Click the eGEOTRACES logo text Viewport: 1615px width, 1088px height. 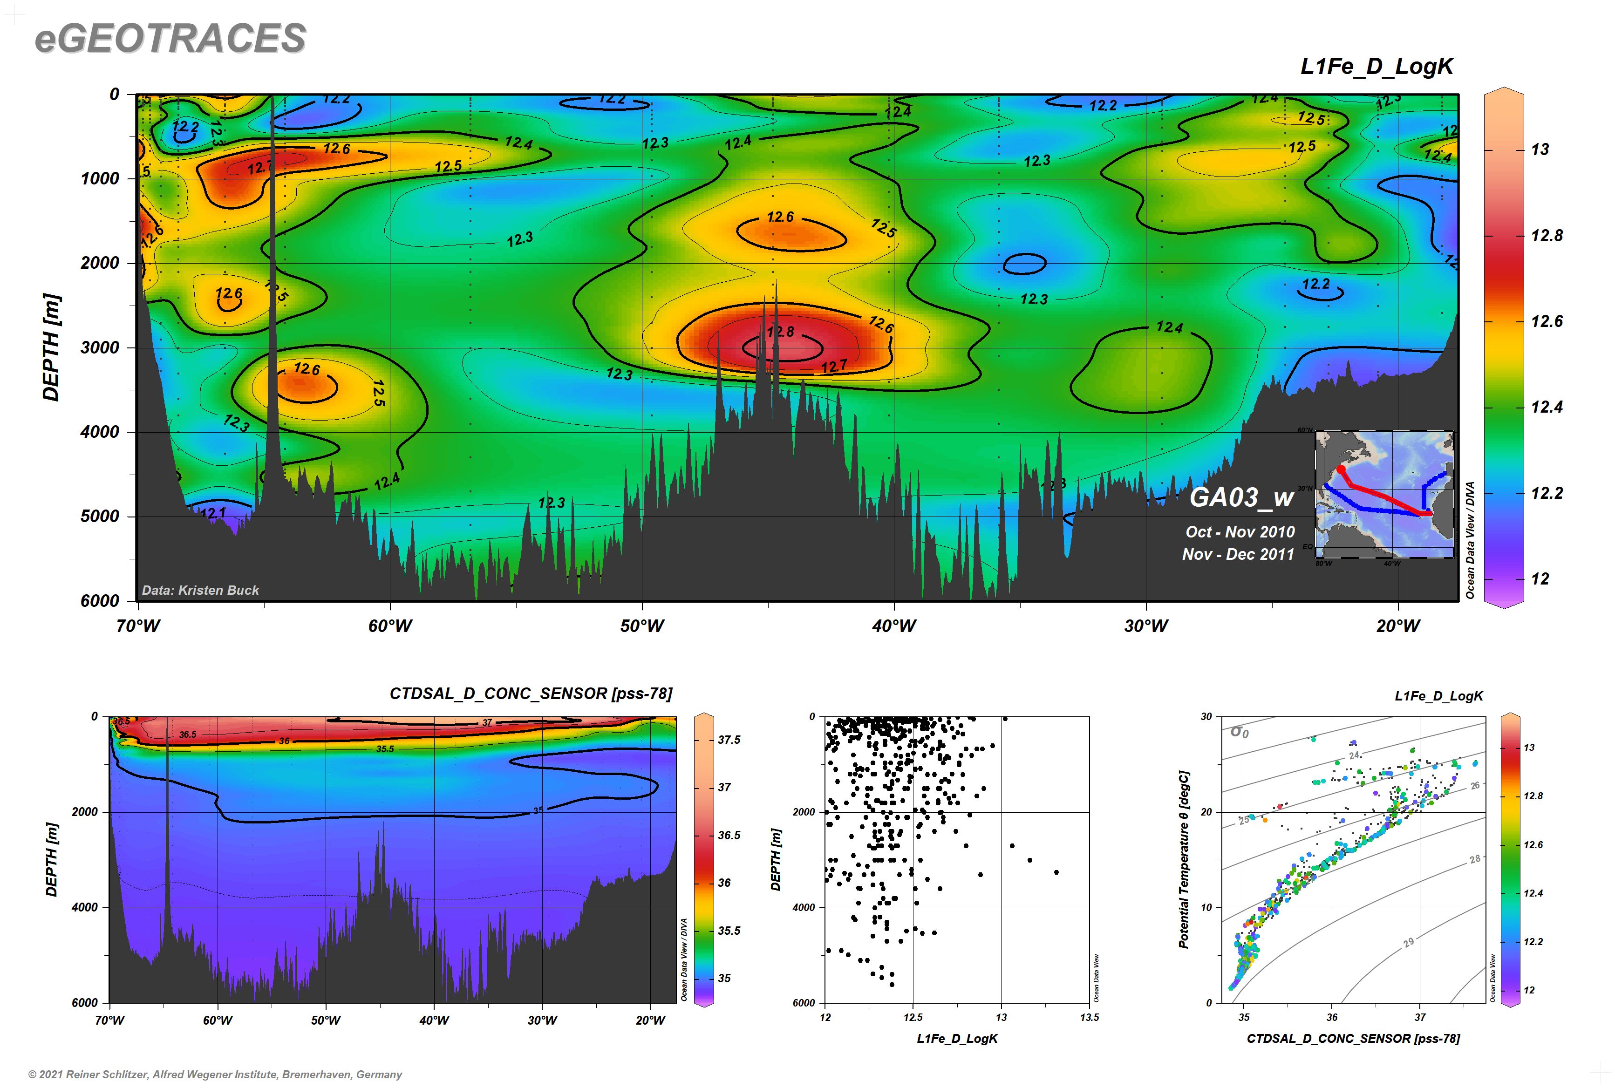coord(170,38)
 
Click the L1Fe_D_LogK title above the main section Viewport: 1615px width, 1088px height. coord(1376,67)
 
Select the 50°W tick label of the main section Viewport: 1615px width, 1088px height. coord(641,626)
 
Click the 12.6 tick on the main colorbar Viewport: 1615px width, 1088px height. coord(1547,321)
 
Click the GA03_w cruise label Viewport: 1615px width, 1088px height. coord(1241,497)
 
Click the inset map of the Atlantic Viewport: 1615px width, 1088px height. coord(1384,494)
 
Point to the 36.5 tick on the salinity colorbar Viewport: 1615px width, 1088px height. coord(729,836)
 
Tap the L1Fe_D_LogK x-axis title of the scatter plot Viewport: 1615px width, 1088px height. coord(957,1039)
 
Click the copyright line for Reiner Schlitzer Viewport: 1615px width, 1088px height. coord(215,1074)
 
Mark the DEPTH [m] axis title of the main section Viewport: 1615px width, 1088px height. coord(51,347)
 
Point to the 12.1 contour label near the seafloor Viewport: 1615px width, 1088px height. coord(212,513)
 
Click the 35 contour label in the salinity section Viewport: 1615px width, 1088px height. coord(538,810)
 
